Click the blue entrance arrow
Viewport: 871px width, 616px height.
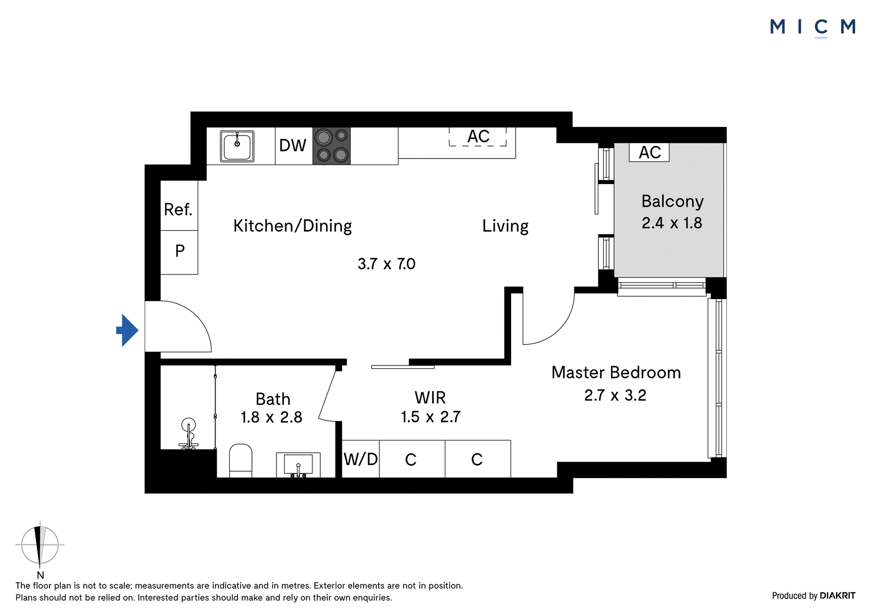[x=127, y=330]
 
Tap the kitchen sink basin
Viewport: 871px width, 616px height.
[x=237, y=146]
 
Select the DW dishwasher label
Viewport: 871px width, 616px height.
[x=292, y=145]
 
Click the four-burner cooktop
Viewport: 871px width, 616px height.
[x=332, y=146]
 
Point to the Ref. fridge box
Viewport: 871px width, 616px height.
[x=179, y=205]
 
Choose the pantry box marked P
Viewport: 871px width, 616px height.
[x=179, y=252]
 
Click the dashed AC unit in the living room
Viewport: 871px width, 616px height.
[x=478, y=137]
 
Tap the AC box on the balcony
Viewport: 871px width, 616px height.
[x=649, y=152]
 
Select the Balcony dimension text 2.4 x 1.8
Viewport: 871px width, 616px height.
[x=672, y=223]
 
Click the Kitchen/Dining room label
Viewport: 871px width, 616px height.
[x=292, y=225]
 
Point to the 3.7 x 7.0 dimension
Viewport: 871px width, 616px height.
[x=387, y=264]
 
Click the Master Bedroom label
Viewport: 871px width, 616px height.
[x=616, y=373]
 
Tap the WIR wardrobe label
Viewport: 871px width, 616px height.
[x=430, y=397]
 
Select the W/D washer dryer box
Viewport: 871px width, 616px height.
[x=360, y=459]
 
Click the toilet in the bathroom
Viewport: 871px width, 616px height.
[x=241, y=460]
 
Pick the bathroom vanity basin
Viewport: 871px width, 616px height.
[x=298, y=465]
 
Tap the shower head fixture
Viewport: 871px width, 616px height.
[x=188, y=433]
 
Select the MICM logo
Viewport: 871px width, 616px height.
[x=813, y=27]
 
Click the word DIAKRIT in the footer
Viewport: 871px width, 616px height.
[x=838, y=595]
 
